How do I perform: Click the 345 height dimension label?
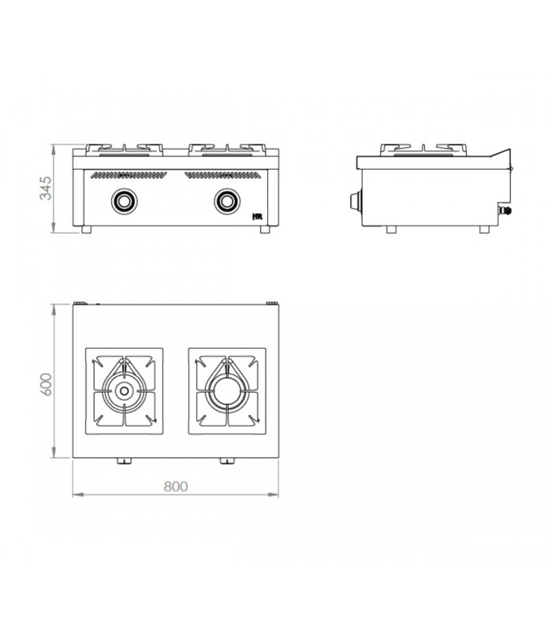pos(46,188)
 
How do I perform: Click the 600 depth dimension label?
pos(47,384)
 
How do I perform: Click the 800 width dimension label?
pos(176,487)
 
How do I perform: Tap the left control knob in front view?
pos(125,201)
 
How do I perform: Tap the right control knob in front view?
pos(227,201)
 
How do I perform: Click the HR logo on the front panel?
pos(258,216)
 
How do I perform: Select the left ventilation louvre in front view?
pos(129,175)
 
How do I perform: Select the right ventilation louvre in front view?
pos(222,175)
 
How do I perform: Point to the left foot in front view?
pos(86,230)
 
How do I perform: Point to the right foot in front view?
pos(265,230)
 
